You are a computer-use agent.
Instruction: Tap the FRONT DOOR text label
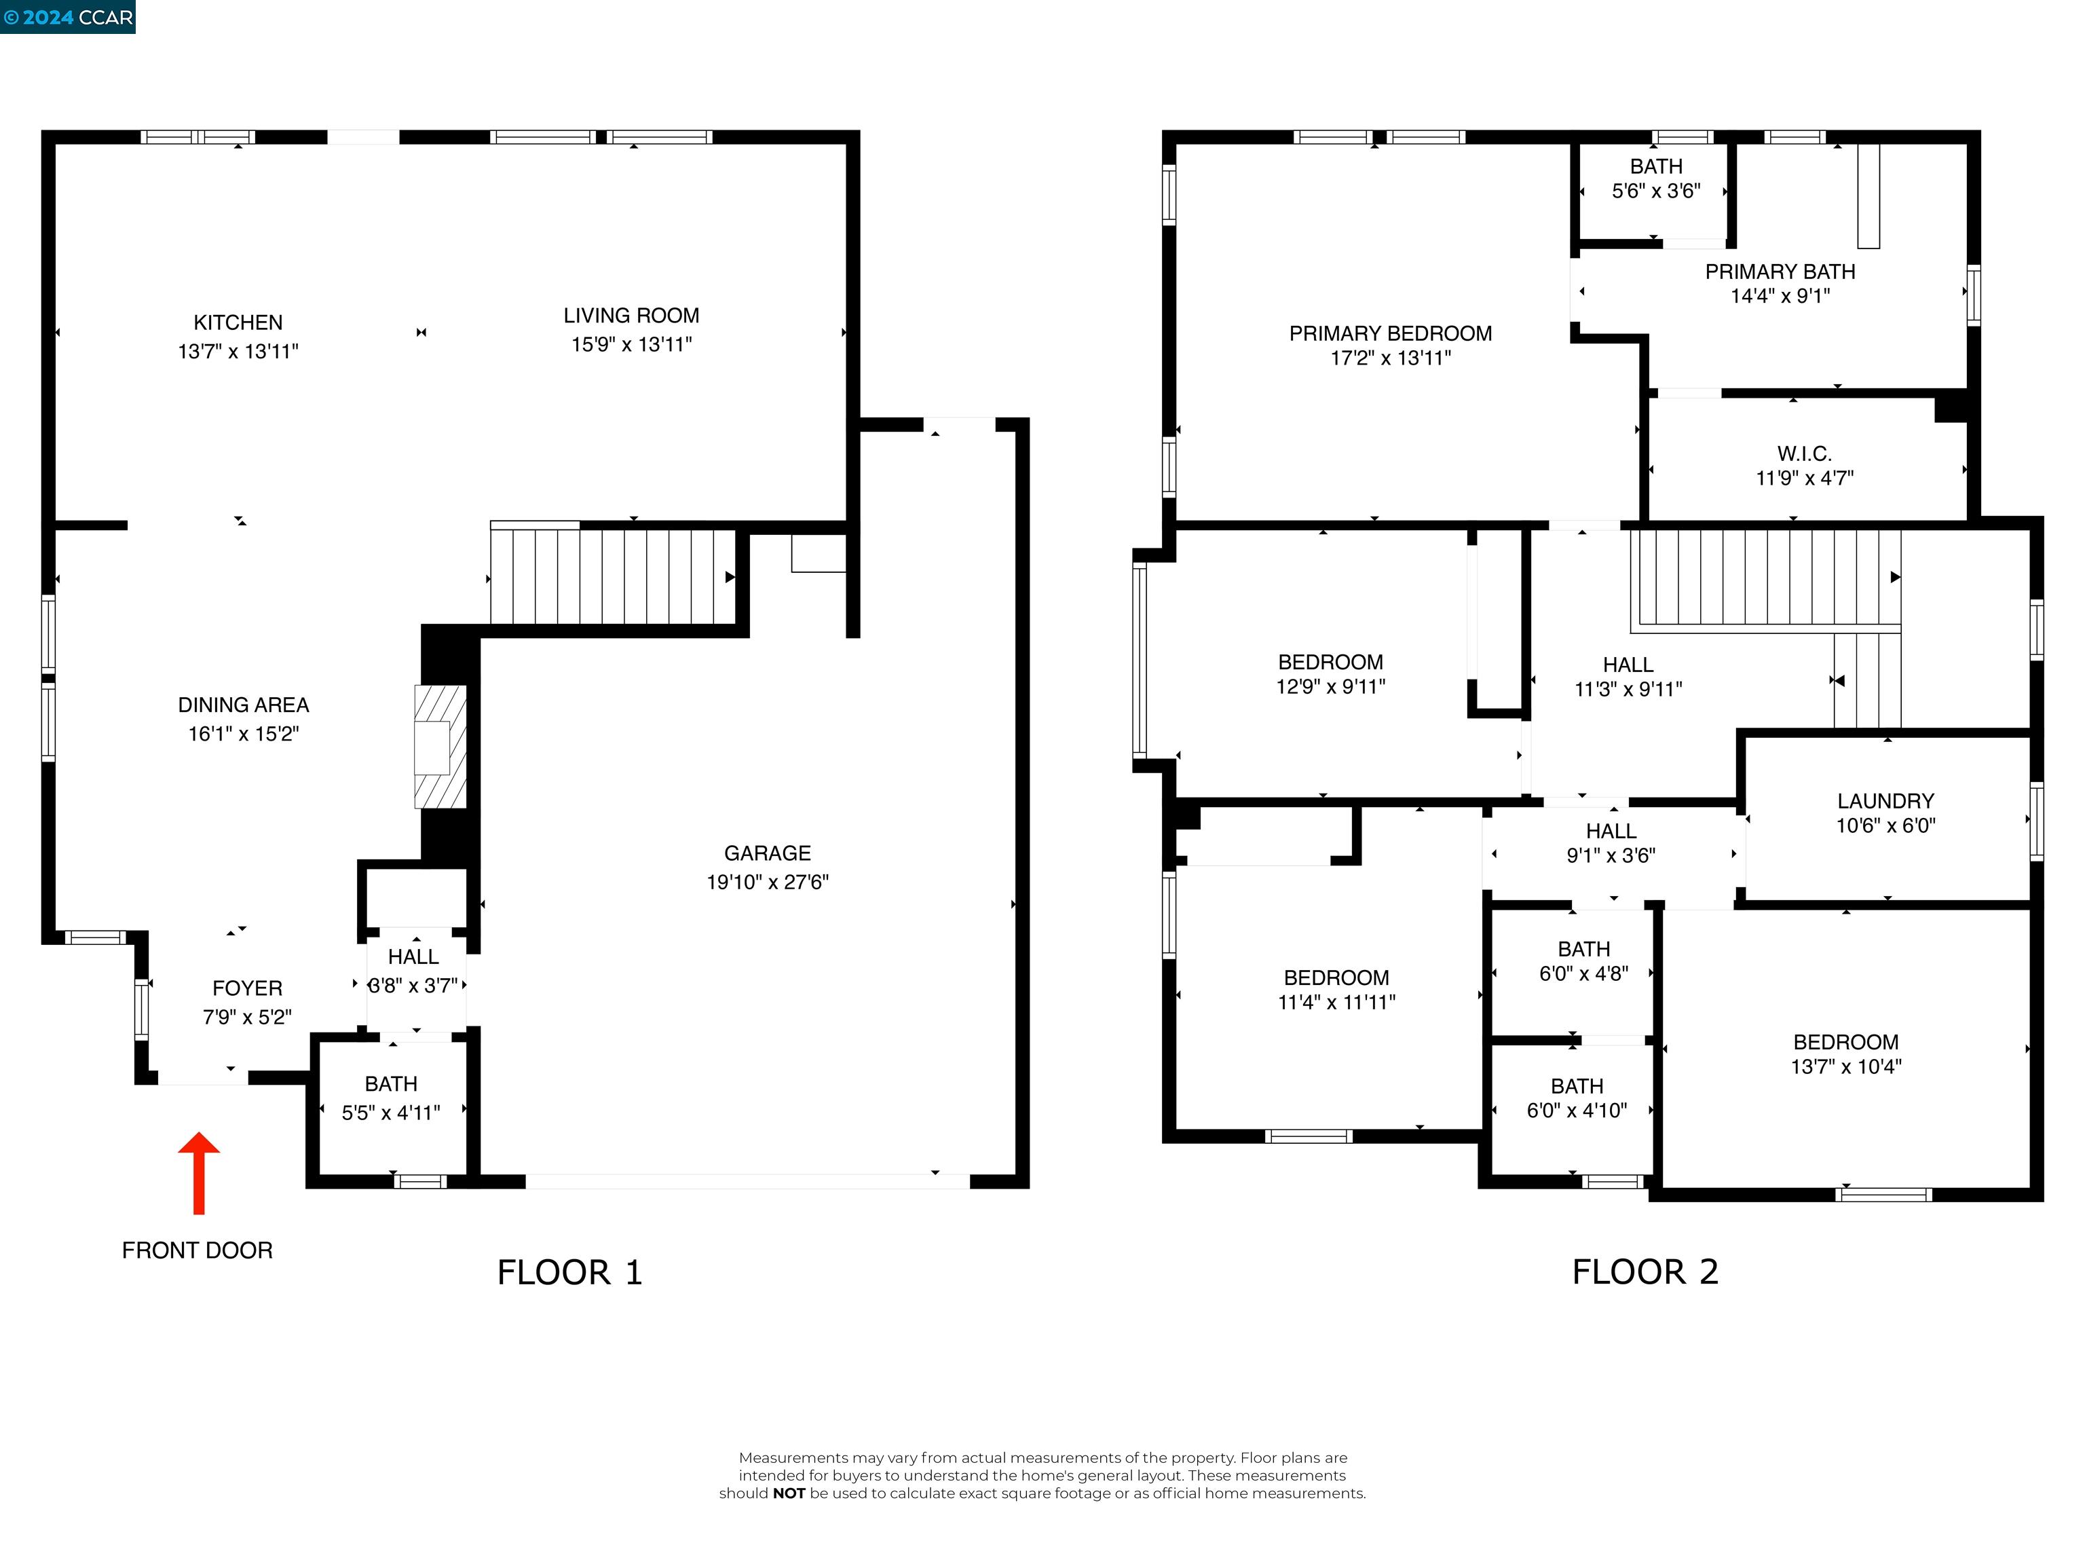coord(197,1250)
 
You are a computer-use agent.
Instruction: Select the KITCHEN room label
coord(238,322)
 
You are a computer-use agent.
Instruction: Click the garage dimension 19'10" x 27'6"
coord(767,882)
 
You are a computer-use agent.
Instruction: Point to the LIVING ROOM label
coord(631,316)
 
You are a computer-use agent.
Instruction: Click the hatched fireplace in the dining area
coord(440,747)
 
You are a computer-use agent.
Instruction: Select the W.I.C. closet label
coord(1804,453)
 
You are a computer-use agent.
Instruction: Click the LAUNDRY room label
coord(1885,800)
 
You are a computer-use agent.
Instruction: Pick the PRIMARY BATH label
coord(1780,272)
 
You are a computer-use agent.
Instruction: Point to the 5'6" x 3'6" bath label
coord(1656,191)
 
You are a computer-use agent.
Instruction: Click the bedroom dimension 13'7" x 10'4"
coord(1845,1066)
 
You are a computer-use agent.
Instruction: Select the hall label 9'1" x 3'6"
coord(1611,855)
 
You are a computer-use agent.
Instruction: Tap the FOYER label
coord(247,988)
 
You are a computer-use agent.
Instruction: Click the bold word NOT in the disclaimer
coord(789,1493)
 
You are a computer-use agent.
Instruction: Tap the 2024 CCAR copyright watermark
coord(68,17)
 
